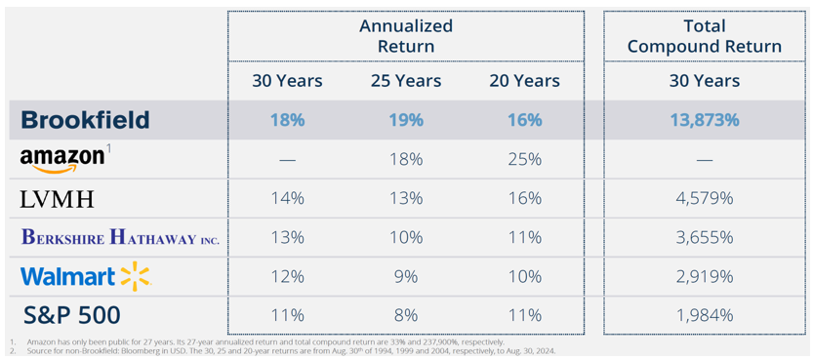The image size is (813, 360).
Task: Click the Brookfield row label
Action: click(86, 120)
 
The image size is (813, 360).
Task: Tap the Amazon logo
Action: click(62, 160)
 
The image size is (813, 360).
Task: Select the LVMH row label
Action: click(57, 199)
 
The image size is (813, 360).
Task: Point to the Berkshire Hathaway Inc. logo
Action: click(121, 238)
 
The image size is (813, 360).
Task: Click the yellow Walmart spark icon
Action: click(135, 277)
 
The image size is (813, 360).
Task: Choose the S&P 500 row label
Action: click(72, 315)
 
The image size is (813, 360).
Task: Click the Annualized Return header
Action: click(406, 36)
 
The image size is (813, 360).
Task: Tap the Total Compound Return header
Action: click(705, 36)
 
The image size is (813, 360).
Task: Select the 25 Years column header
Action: click(406, 81)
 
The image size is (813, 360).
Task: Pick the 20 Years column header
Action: click(525, 81)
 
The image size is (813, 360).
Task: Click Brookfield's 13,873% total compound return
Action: click(705, 120)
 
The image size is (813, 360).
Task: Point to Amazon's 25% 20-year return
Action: click(525, 160)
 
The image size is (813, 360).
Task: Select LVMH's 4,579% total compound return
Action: click(705, 198)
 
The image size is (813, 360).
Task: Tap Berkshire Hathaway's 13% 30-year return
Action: click(287, 238)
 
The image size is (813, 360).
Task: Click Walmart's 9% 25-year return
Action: click(406, 277)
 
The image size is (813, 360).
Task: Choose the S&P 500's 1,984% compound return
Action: click(705, 315)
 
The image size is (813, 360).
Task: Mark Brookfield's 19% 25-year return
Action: click(406, 120)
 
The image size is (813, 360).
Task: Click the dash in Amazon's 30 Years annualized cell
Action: click(287, 160)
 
